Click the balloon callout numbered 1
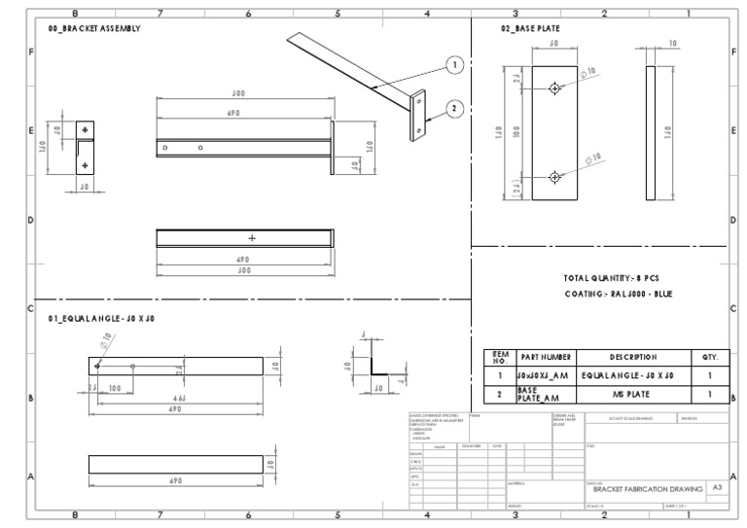pyautogui.click(x=454, y=64)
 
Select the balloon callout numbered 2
pyautogui.click(x=454, y=108)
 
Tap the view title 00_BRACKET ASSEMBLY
pyautogui.click(x=93, y=29)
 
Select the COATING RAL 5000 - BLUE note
pyautogui.click(x=618, y=294)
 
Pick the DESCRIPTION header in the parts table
pyautogui.click(x=632, y=357)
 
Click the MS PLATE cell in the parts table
pyautogui.click(x=632, y=395)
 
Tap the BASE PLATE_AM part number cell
pyautogui.click(x=538, y=395)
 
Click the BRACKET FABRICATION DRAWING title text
pyautogui.click(x=644, y=489)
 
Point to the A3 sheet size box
pyautogui.click(x=717, y=488)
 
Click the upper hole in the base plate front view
pyautogui.click(x=554, y=88)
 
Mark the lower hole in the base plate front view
pyautogui.click(x=554, y=177)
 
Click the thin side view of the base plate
pyautogui.click(x=650, y=132)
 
